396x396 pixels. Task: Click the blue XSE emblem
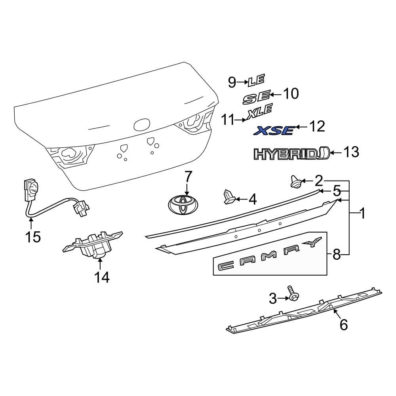(274, 130)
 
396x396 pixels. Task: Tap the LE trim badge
(256, 82)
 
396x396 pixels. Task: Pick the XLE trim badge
(260, 111)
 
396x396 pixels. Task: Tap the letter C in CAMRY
(226, 266)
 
